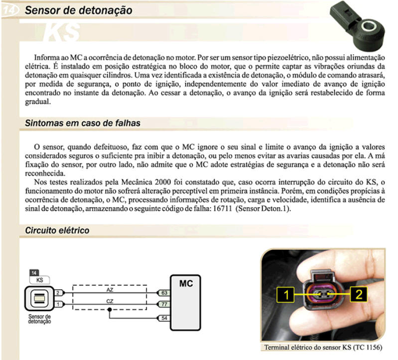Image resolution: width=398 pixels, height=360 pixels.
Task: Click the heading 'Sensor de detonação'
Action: [x=78, y=10]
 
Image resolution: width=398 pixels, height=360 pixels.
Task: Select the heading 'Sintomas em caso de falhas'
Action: [x=83, y=123]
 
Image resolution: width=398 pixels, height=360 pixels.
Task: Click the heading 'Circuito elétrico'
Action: [x=57, y=231]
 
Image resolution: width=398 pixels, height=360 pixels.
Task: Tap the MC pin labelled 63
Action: [x=164, y=293]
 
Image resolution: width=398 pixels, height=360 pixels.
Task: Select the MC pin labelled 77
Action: [x=164, y=304]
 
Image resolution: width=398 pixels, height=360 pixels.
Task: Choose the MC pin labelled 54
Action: [x=164, y=318]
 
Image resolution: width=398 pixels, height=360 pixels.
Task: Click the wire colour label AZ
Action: [x=110, y=290]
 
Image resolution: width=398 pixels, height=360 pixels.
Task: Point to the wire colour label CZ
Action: [x=110, y=301]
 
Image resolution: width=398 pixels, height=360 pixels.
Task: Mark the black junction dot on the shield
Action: [x=110, y=310]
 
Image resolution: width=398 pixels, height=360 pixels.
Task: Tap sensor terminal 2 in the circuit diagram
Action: [x=58, y=293]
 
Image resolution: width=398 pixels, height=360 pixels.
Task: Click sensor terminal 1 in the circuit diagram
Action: [x=58, y=304]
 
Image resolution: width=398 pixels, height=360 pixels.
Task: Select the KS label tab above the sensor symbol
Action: [x=39, y=280]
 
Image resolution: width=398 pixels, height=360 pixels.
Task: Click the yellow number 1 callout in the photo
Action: [x=285, y=295]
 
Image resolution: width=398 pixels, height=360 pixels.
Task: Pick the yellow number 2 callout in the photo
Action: [x=359, y=294]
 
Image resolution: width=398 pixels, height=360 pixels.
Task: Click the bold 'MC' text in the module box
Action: [x=186, y=283]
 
